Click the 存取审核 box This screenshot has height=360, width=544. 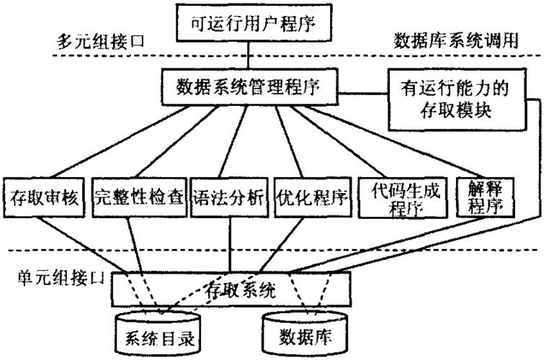tap(45, 195)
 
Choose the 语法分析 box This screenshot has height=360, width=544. tap(230, 195)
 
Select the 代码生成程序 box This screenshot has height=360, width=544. tap(402, 195)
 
